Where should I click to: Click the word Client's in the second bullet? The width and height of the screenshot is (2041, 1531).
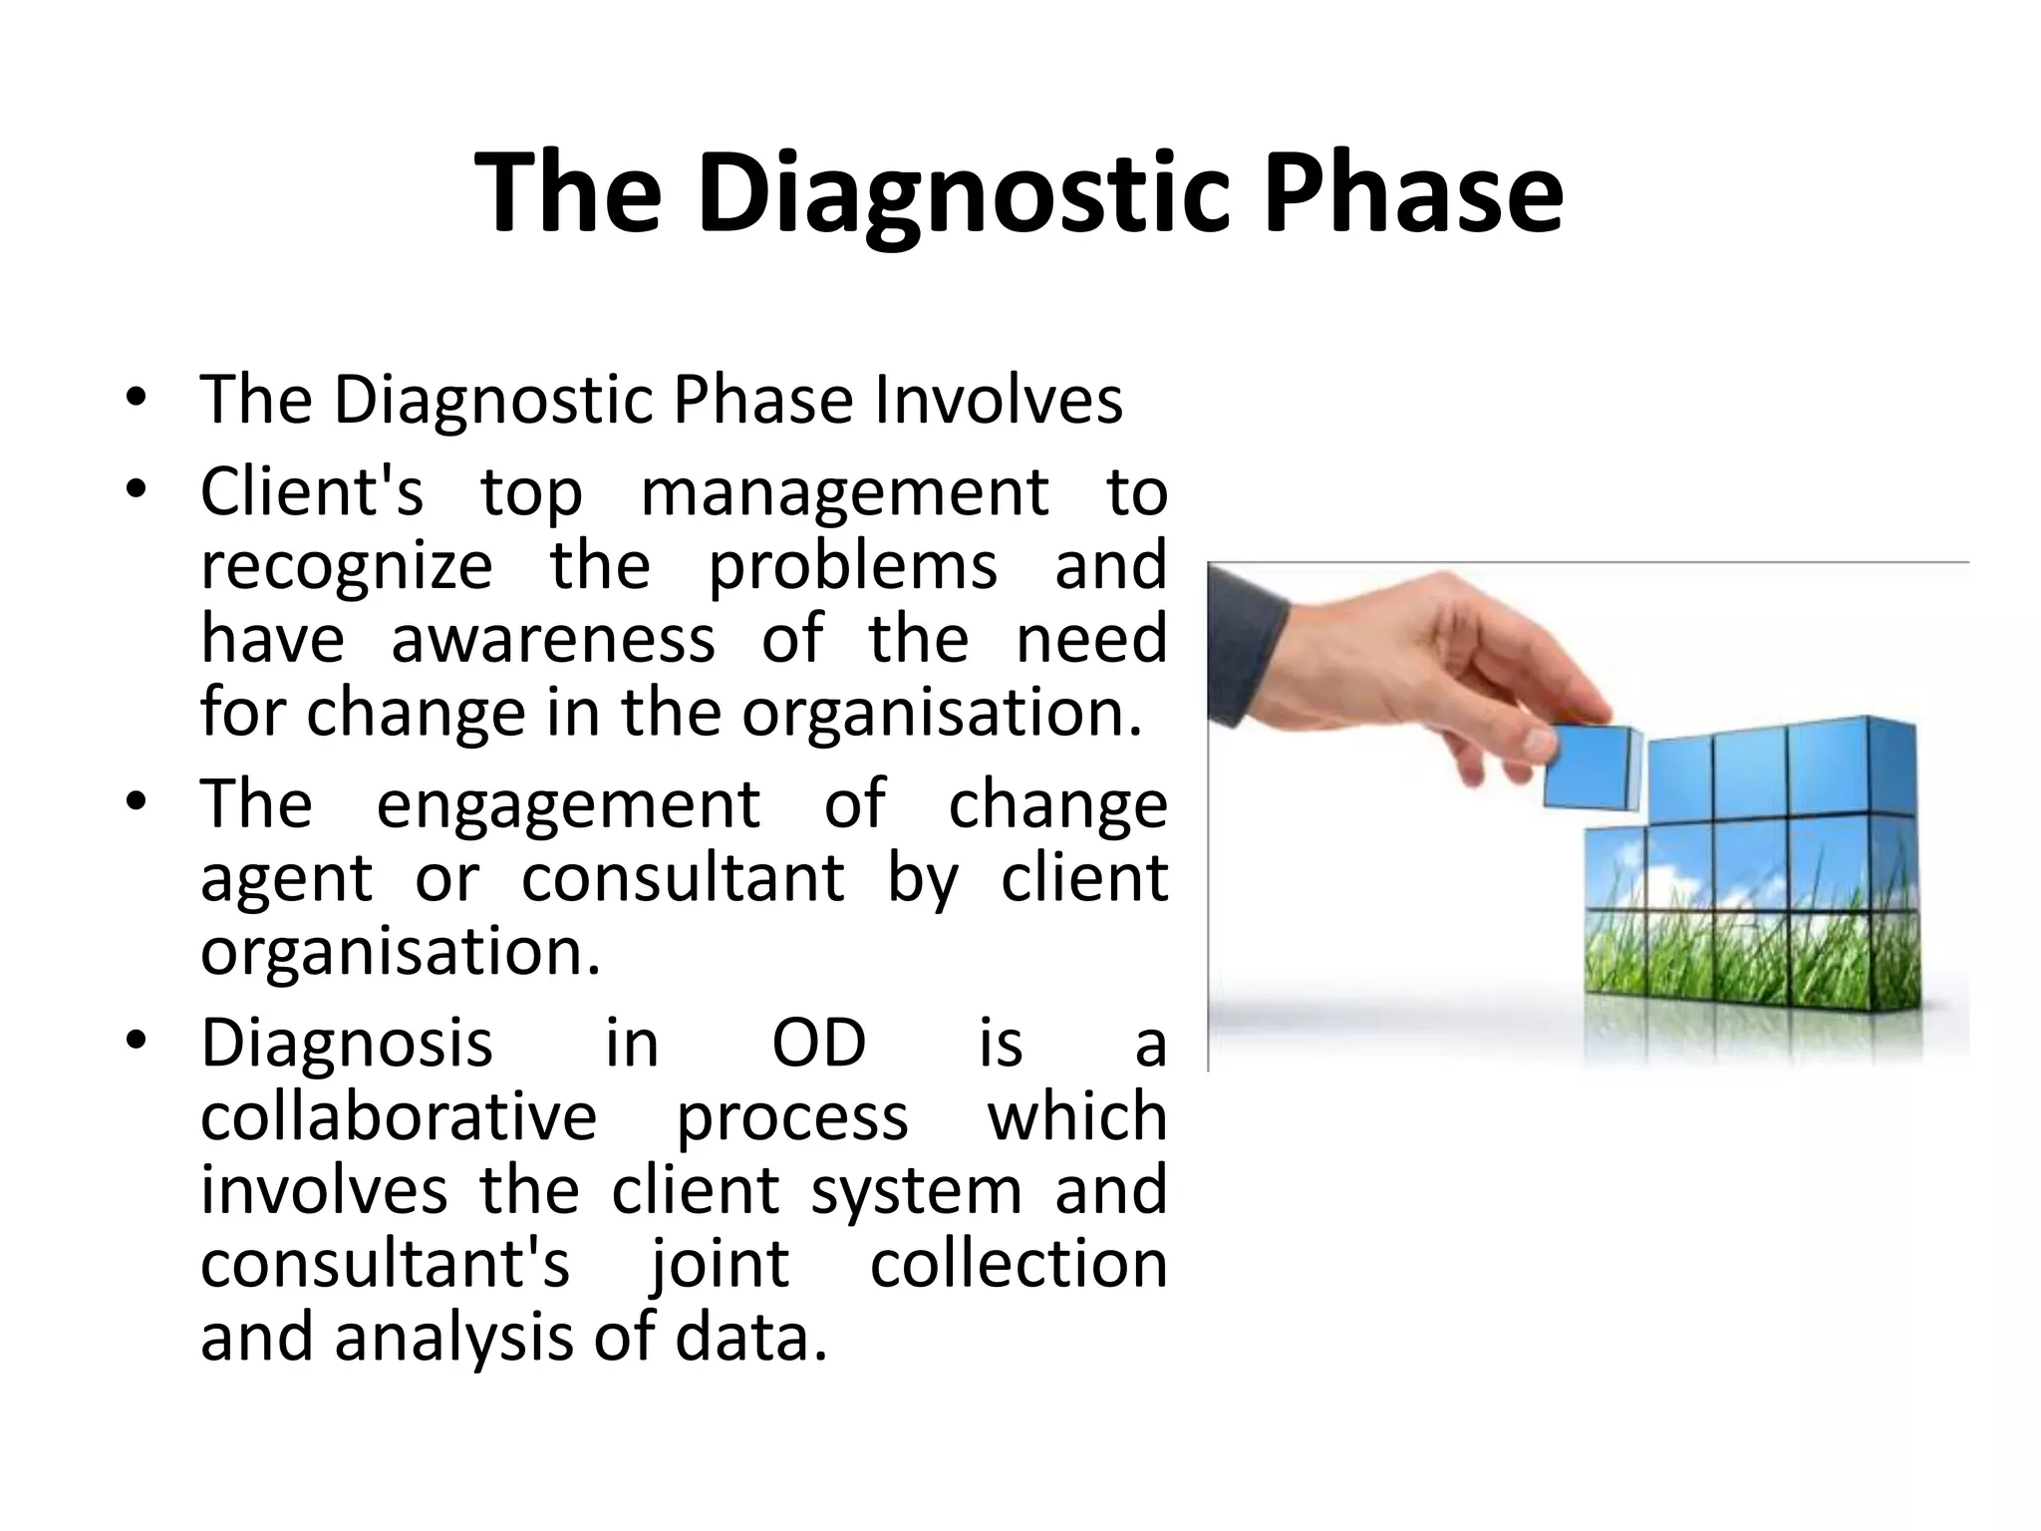pyautogui.click(x=312, y=491)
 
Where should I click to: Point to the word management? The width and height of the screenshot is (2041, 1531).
pyautogui.click(x=844, y=491)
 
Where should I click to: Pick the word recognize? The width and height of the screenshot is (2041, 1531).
pyautogui.click(x=346, y=566)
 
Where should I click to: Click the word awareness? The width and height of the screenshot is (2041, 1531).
pyautogui.click(x=552, y=639)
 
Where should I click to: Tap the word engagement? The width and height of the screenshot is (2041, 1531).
pyautogui.click(x=568, y=803)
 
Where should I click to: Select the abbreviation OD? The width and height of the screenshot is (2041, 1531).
pyautogui.click(x=819, y=1044)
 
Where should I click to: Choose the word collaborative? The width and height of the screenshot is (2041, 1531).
pyautogui.click(x=399, y=1116)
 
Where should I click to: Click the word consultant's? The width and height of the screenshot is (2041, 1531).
pyautogui.click(x=385, y=1264)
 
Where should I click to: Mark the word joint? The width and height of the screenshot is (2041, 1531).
pyautogui.click(x=720, y=1264)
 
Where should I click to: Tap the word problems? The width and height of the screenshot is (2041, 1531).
pyautogui.click(x=852, y=566)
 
